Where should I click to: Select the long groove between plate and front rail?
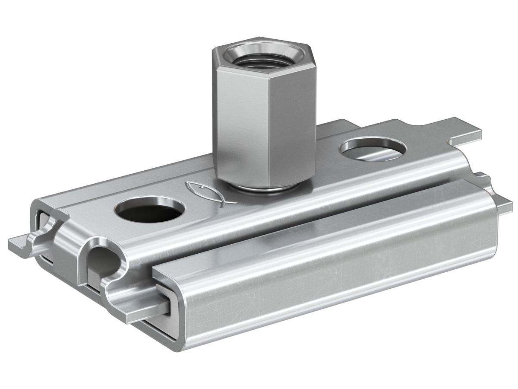pyautogui.click(x=311, y=225)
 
